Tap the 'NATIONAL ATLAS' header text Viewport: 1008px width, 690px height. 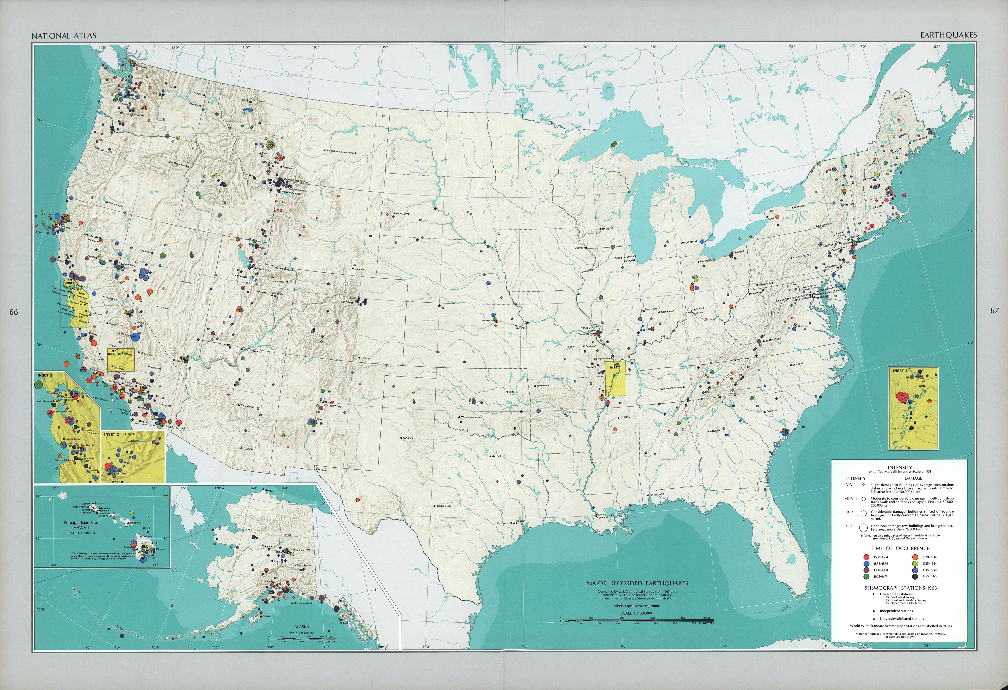64,35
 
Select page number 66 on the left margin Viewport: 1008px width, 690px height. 14,312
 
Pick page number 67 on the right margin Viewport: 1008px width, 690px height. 994,310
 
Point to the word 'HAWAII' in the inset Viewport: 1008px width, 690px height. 81,527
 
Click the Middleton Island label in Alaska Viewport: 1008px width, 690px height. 302,603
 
